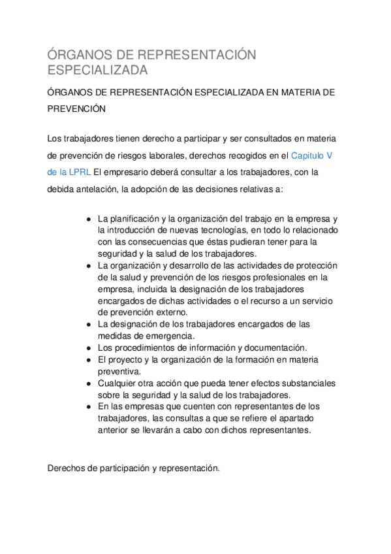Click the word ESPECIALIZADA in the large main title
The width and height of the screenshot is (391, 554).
point(98,69)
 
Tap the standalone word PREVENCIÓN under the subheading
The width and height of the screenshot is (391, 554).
point(76,110)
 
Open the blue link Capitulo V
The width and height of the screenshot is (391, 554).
point(311,155)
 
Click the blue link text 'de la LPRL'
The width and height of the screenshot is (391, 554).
point(69,172)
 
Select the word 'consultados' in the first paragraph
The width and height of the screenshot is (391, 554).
point(265,138)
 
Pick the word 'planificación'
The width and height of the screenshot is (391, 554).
point(137,218)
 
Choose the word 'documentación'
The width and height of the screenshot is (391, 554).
point(274,348)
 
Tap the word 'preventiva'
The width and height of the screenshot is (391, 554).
point(118,371)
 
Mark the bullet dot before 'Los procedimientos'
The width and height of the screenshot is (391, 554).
point(88,348)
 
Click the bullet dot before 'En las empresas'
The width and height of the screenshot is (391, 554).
point(88,406)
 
